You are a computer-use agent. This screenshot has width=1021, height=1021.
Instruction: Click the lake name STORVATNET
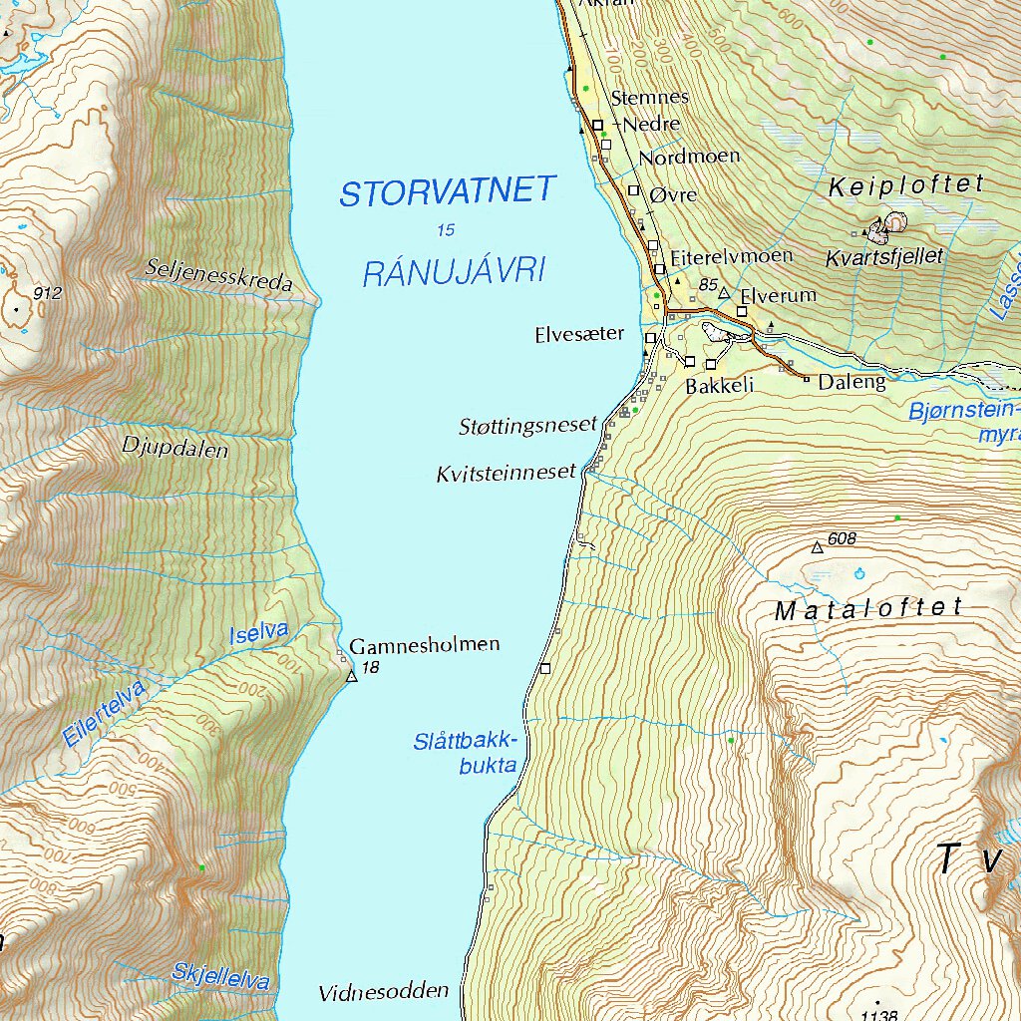pos(447,190)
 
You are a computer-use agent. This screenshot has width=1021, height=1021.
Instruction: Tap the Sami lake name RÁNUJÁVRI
pos(455,270)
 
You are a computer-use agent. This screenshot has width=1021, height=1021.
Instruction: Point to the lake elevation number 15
pos(446,230)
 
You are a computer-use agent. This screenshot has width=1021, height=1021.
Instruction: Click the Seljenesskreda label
pos(219,276)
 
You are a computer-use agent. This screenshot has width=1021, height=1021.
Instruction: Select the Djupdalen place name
pos(174,447)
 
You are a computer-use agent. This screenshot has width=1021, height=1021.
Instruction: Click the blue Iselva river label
pos(258,632)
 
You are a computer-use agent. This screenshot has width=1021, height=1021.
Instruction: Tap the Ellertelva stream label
pos(103,714)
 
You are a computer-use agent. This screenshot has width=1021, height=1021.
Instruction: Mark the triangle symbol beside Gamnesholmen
pos(351,677)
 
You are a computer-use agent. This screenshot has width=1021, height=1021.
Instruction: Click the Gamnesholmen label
pos(424,645)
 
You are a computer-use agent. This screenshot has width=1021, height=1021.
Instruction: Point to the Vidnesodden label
pos(384,993)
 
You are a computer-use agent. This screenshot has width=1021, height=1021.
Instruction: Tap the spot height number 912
pos(47,293)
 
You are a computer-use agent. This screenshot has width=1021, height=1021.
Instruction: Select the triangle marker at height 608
pos(818,547)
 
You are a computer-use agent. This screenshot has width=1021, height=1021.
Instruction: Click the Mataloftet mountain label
pos(868,609)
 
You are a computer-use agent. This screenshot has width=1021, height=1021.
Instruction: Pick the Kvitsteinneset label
pos(506,474)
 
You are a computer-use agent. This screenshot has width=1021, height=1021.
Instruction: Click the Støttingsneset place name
pos(526,426)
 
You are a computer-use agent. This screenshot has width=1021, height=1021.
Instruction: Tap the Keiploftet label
pos(906,184)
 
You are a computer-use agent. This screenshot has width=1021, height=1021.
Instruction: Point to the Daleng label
pos(851,382)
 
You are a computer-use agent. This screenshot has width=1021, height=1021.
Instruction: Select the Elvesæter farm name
pos(579,336)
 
